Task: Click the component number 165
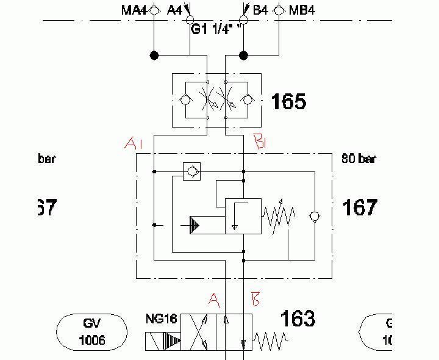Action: (289, 101)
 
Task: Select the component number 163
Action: (298, 318)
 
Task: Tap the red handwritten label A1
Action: (133, 143)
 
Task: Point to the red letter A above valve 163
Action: (213, 299)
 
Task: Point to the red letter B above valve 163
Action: (256, 299)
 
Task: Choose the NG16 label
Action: (160, 319)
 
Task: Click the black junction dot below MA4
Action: (154, 56)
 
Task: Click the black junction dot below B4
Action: (243, 56)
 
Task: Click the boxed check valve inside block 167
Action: (191, 171)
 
